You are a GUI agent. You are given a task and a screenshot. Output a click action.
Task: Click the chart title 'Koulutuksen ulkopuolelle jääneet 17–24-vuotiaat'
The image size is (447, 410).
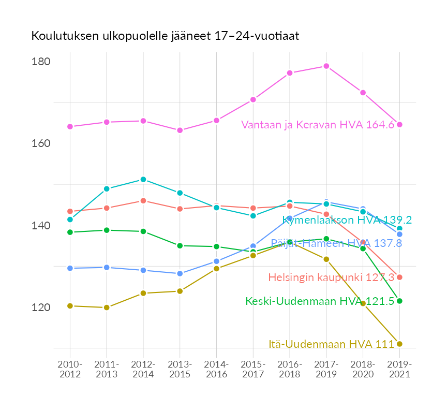pos(165,36)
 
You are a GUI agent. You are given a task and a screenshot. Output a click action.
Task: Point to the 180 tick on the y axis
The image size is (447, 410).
pos(41,62)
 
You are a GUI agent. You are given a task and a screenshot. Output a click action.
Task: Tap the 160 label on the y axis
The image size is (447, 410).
pos(41,143)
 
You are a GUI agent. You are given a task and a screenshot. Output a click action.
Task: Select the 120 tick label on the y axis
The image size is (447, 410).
pos(41,307)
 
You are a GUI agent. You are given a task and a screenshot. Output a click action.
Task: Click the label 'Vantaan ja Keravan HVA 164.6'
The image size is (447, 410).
pos(318,125)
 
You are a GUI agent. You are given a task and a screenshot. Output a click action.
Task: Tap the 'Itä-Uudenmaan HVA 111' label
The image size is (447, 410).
pos(331,344)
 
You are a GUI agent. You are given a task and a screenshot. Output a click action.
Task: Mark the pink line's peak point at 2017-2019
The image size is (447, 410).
pos(326,66)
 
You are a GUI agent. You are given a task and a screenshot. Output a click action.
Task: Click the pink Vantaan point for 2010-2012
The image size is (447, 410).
pos(70,127)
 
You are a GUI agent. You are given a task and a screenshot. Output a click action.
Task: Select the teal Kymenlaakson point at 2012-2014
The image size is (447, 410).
pos(143,180)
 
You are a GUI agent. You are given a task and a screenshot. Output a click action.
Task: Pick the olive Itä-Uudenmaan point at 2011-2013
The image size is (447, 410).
pos(107,307)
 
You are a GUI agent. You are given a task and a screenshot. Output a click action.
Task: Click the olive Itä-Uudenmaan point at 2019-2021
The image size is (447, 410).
pos(399,344)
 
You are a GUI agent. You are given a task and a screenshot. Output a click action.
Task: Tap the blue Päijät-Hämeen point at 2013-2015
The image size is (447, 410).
pos(180,274)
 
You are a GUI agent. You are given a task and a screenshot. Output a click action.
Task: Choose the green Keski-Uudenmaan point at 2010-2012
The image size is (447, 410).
pos(70,232)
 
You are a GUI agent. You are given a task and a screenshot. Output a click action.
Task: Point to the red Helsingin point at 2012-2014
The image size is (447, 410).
pos(143,201)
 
